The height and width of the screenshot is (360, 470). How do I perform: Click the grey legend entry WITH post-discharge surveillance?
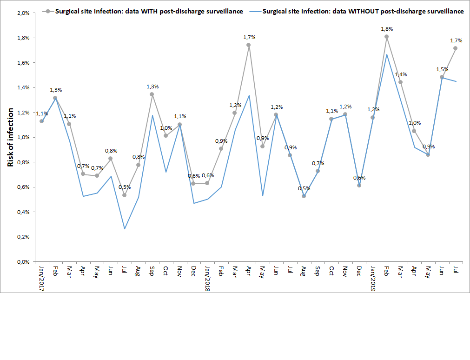pyautogui.click(x=149, y=12)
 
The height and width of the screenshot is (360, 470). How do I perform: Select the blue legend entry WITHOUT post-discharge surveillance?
pyautogui.click(x=363, y=12)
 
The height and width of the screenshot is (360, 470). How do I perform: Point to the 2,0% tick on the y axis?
pyautogui.click(x=23, y=13)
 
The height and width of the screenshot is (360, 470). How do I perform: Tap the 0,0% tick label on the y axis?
pyautogui.click(x=23, y=262)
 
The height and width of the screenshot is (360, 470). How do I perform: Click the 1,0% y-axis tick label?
pyautogui.click(x=23, y=137)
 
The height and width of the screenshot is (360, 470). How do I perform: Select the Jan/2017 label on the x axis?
pyautogui.click(x=41, y=278)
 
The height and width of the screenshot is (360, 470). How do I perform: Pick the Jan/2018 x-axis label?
pyautogui.click(x=207, y=278)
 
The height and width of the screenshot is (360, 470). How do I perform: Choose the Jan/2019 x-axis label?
pyautogui.click(x=373, y=278)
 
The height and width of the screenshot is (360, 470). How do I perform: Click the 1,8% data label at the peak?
pyautogui.click(x=387, y=29)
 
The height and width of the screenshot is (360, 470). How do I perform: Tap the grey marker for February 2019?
pyautogui.click(x=386, y=36)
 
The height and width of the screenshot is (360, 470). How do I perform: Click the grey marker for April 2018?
pyautogui.click(x=248, y=45)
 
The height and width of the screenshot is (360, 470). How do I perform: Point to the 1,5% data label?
pyautogui.click(x=442, y=69)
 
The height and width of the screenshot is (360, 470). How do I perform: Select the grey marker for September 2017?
pyautogui.click(x=152, y=94)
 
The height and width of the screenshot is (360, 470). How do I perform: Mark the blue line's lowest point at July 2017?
pyautogui.click(x=125, y=229)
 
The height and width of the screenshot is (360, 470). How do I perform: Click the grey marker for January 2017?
pyautogui.click(x=41, y=121)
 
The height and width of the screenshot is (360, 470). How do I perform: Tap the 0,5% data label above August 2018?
pyautogui.click(x=304, y=188)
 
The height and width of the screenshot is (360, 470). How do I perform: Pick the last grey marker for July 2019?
pyautogui.click(x=456, y=48)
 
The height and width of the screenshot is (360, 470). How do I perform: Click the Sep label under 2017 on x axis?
pyautogui.click(x=152, y=271)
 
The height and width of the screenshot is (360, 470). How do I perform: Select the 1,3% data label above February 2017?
pyautogui.click(x=56, y=90)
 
